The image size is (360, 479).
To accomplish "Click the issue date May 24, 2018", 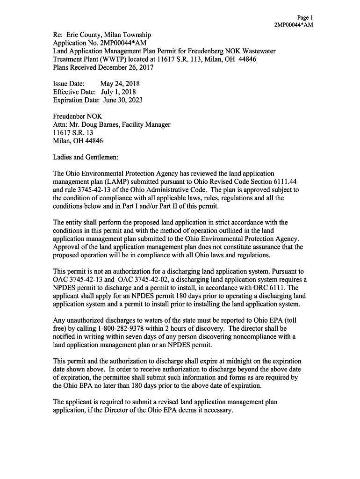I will coord(120,84).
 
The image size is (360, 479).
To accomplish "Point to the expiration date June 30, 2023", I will coord(122,100).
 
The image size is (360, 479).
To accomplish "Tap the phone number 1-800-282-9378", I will coord(127,328).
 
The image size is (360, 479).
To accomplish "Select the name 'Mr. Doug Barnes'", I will coord(93,124).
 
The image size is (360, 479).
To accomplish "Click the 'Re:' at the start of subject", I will coord(58,35).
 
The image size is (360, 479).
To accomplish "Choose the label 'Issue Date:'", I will coord(68,84).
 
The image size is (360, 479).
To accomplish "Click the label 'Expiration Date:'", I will coord(76,100).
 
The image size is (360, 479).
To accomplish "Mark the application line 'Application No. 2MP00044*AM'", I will coord(100,43).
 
